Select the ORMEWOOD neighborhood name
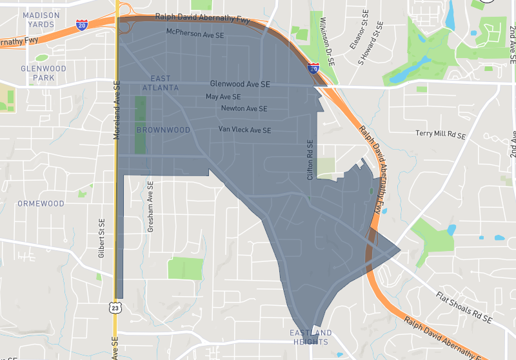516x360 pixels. pos(41,203)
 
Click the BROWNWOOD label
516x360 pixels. pos(163,130)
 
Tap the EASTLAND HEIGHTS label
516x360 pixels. pos(310,337)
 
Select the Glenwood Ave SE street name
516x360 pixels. pos(240,84)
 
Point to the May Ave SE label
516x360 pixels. pos(223,96)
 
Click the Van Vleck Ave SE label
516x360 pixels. pos(244,130)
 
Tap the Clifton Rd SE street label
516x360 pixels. pos(310,159)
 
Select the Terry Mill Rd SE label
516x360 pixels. pos(441,134)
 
